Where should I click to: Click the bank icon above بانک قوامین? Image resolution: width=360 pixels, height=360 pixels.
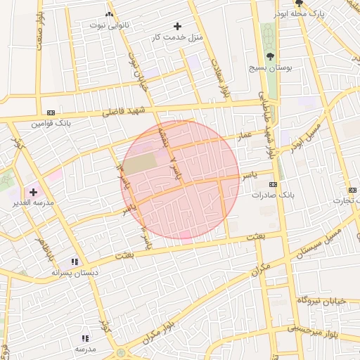[x=51, y=112]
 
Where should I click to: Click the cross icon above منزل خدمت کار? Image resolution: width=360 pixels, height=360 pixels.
[x=177, y=26]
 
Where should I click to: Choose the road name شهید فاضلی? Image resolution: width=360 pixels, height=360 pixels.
[x=123, y=111]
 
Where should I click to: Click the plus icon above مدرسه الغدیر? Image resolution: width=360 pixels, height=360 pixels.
[x=33, y=191]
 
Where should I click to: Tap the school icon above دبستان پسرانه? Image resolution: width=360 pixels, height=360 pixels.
[x=75, y=262]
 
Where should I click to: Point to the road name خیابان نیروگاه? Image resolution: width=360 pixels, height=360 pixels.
[x=321, y=300]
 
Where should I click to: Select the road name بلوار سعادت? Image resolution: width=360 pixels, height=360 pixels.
[x=219, y=77]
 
